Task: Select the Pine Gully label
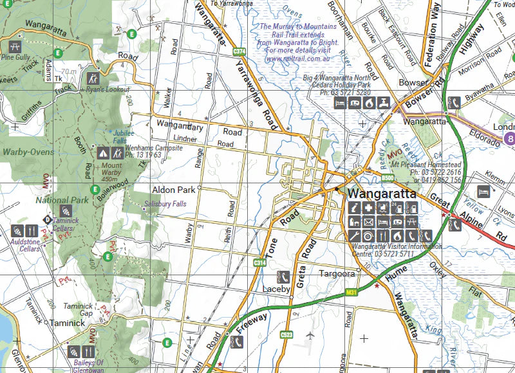15,57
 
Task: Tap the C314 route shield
260,263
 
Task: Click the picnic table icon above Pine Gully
14,46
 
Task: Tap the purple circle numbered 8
510,138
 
